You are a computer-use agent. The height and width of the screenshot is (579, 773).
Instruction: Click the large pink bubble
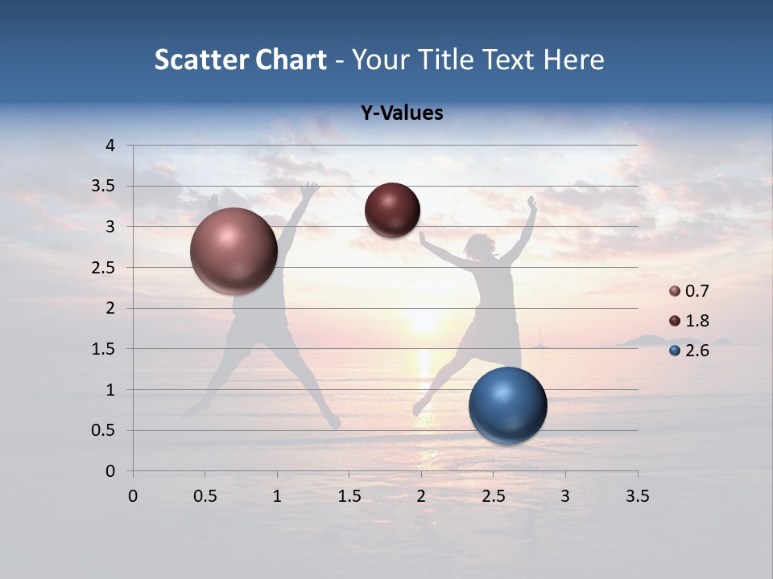(234, 251)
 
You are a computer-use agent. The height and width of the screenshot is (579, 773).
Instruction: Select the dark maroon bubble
(392, 210)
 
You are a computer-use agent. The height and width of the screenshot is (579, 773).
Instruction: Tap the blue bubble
(507, 405)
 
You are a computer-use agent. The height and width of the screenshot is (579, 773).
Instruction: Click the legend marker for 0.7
(675, 291)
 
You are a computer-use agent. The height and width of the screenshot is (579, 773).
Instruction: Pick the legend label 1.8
(697, 321)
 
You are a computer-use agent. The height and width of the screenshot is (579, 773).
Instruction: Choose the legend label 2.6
(697, 351)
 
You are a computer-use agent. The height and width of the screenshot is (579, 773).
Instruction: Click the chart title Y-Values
(402, 113)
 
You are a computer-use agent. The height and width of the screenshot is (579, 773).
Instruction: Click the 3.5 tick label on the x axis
(637, 496)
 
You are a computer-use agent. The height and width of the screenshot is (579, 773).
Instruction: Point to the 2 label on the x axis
(421, 496)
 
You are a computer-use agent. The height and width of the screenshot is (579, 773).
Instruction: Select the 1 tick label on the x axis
(277, 496)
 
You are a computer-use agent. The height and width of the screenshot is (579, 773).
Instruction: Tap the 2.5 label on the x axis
(493, 496)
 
